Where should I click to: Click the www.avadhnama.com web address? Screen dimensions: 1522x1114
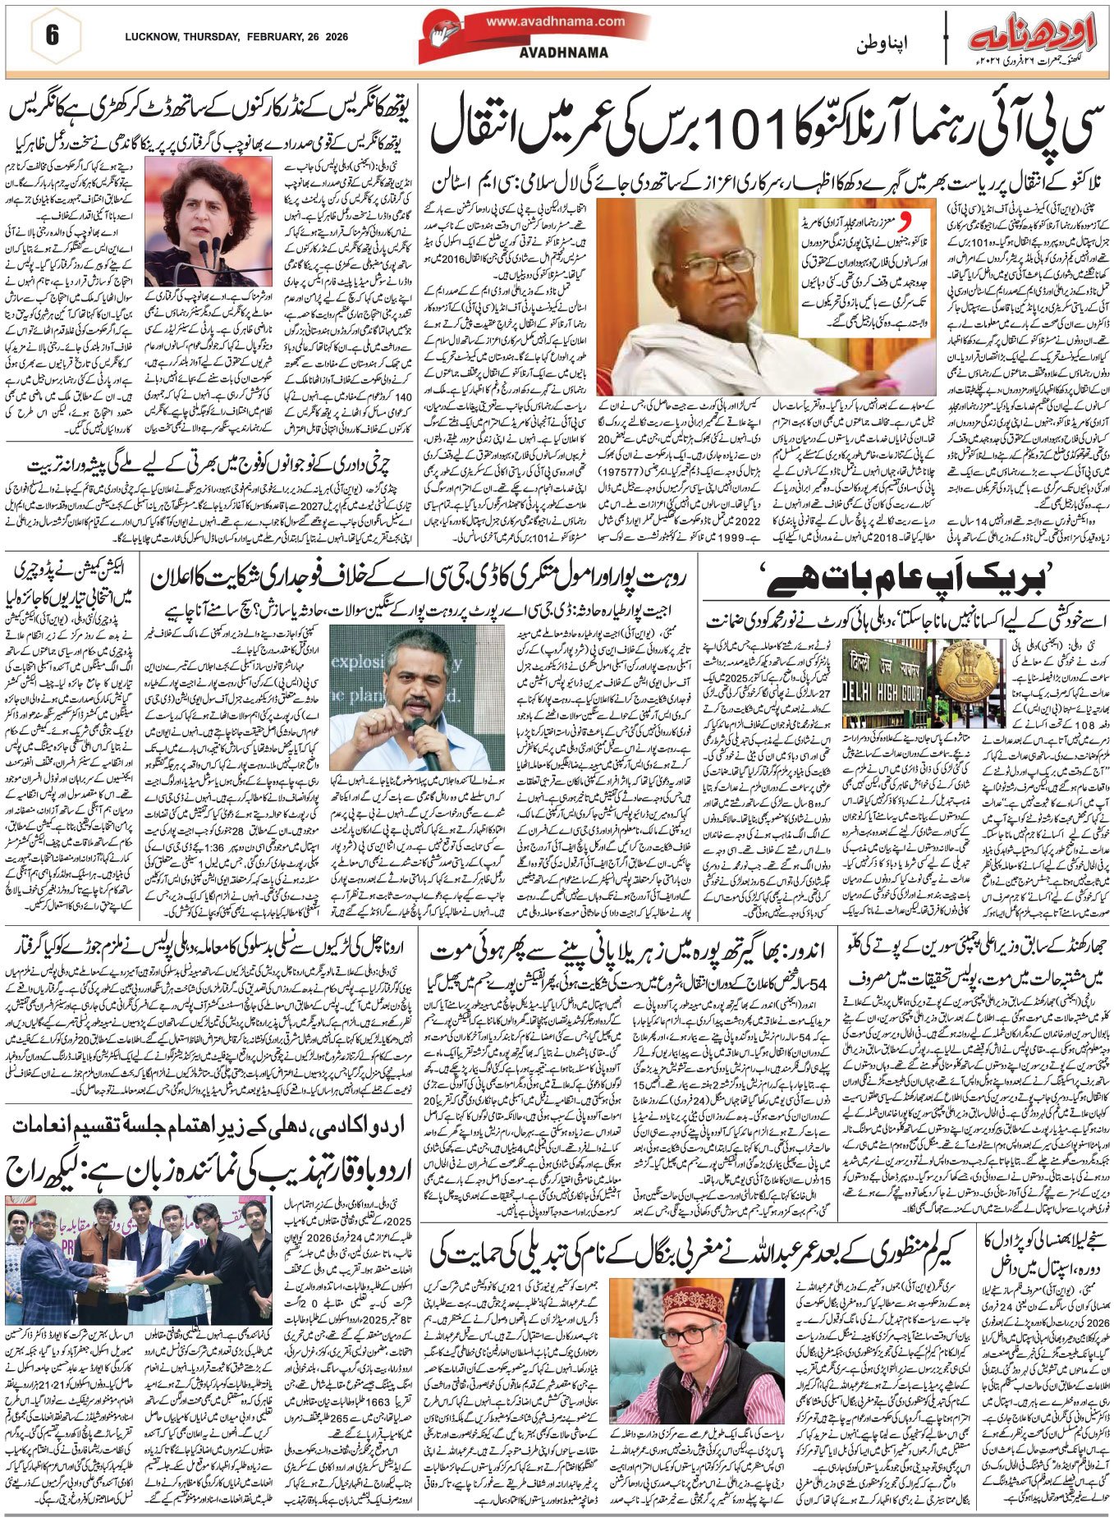point(554,22)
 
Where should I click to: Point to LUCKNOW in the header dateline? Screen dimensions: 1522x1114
point(153,37)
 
